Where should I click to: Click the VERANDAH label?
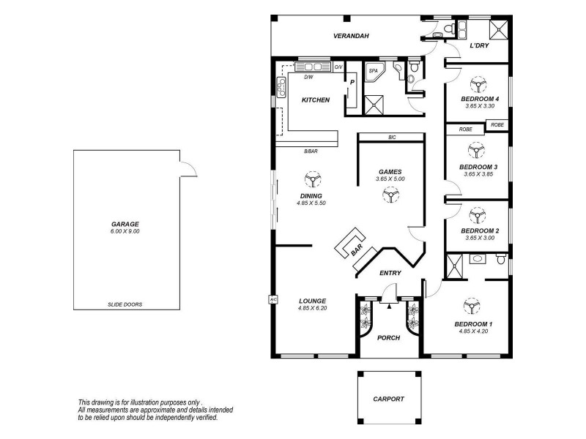(350, 36)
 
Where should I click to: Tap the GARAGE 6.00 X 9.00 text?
(125, 228)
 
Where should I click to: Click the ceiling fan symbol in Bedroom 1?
(468, 307)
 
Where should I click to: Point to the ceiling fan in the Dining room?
(312, 179)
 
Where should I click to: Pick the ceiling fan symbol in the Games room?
(390, 193)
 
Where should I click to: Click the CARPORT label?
(388, 399)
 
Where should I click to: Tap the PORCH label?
(388, 338)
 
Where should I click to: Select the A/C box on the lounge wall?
(272, 299)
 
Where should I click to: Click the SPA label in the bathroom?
(373, 71)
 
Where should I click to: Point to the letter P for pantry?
(352, 83)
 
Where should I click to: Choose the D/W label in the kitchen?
(308, 77)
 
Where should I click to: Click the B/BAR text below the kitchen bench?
(311, 151)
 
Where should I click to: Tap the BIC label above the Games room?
(392, 138)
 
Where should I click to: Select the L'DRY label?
(479, 47)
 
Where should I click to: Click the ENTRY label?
(390, 272)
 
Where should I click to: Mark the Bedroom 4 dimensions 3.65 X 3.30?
(480, 106)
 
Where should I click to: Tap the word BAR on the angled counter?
(357, 250)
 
